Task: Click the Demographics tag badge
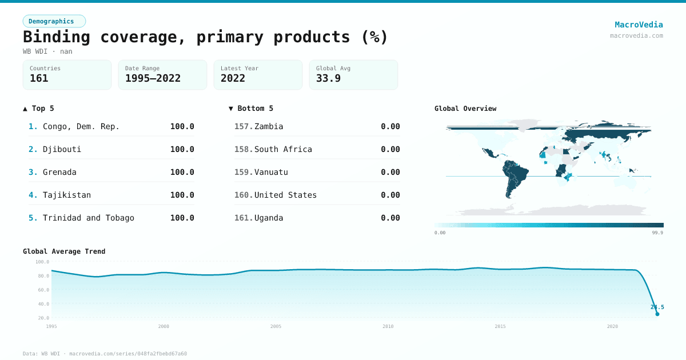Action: tap(54, 21)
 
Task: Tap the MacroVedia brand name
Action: tap(639, 25)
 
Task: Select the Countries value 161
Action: tap(39, 78)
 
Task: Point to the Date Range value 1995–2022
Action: tap(153, 78)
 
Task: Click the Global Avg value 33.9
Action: tap(328, 78)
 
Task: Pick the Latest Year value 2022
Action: tap(233, 78)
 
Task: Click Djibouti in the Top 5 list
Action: tap(62, 149)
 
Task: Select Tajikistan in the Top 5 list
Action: tap(66, 195)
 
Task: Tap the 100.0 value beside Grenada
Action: tap(182, 172)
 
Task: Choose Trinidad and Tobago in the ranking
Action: tap(88, 218)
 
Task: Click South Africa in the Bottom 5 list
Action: tap(283, 149)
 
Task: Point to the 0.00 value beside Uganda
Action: tap(390, 218)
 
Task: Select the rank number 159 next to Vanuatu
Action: tap(243, 172)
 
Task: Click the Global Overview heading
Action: tap(465, 109)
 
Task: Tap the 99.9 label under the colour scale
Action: tap(657, 233)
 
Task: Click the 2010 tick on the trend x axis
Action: tap(388, 326)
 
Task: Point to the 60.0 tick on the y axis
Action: tap(42, 290)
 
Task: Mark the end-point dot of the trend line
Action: tap(657, 314)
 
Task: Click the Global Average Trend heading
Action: tap(64, 251)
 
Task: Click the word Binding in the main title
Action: tap(56, 37)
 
